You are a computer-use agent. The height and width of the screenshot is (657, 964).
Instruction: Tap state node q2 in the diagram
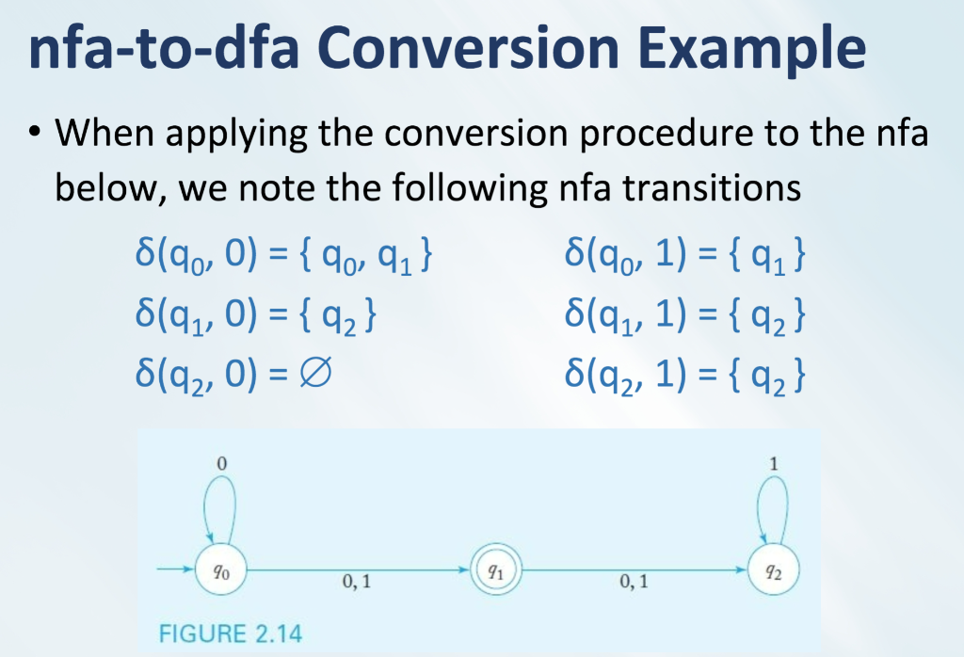pos(773,571)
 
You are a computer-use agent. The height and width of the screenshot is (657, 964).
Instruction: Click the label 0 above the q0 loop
pos(223,464)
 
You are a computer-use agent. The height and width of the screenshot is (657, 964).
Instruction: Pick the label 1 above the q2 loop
pos(774,464)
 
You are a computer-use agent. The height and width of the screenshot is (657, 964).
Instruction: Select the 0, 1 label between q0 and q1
pos(355,585)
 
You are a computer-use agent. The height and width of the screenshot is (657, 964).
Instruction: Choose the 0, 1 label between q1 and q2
pos(635,585)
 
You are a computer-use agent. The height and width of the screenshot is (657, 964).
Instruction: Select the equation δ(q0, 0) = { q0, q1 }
pos(282,256)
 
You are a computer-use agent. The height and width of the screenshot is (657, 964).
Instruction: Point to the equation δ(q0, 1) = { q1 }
pos(684,256)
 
